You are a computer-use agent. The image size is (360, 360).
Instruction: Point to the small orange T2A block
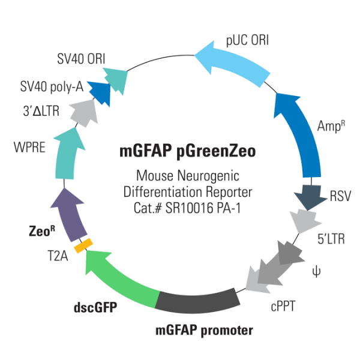click(x=82, y=244)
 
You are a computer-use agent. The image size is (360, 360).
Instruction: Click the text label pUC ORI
click(x=247, y=40)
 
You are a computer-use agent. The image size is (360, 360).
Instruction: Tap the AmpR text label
click(x=329, y=126)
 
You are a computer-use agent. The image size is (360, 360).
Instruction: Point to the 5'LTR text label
click(x=330, y=238)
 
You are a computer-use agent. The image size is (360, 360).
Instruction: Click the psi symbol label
click(x=315, y=272)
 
